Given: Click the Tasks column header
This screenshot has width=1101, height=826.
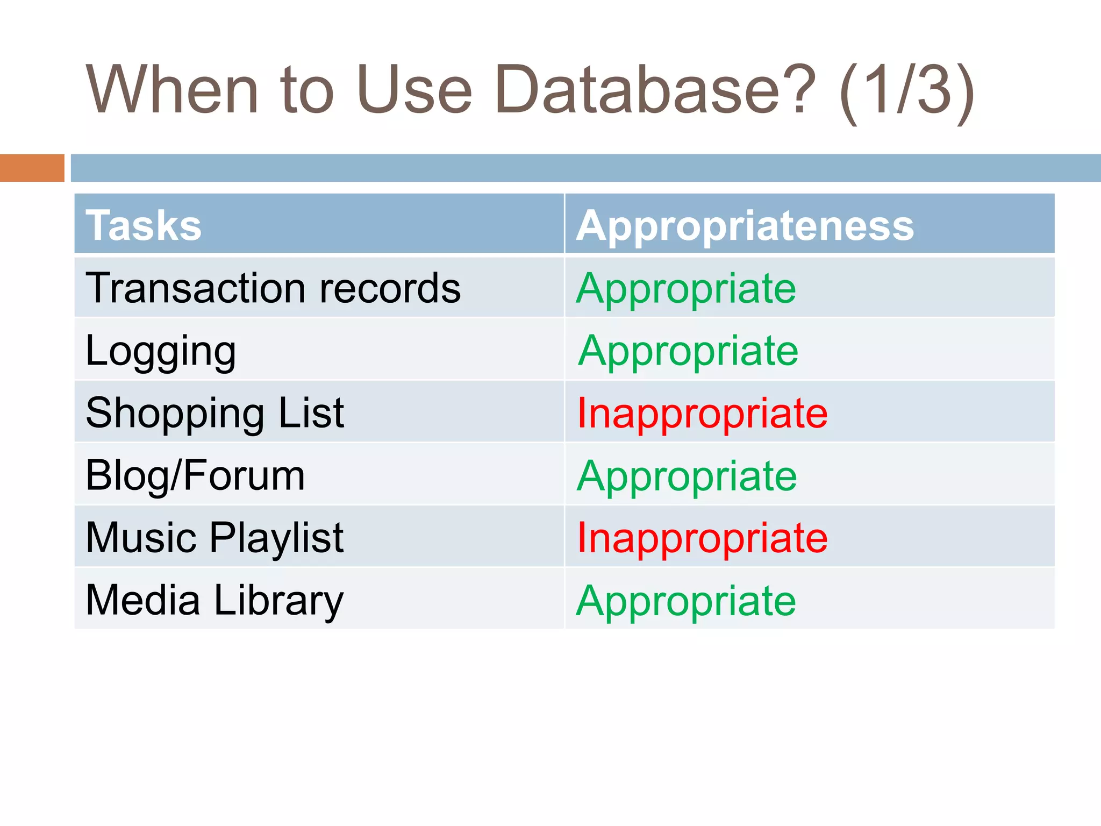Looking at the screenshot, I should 144,225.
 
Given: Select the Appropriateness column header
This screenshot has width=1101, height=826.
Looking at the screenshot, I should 745,225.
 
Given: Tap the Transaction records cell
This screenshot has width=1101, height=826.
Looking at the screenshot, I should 273,288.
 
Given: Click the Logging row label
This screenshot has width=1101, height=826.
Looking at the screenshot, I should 161,351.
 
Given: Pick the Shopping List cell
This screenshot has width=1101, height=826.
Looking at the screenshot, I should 215,413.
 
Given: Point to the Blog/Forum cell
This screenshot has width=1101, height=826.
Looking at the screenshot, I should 195,475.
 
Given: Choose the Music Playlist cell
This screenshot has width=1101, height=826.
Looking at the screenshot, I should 215,538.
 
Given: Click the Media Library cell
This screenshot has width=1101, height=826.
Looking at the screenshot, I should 215,600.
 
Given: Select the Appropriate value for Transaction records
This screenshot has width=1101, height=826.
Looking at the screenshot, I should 686,289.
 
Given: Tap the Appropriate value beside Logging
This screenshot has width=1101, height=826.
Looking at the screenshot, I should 688,351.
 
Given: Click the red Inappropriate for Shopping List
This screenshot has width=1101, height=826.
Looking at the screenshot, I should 702,414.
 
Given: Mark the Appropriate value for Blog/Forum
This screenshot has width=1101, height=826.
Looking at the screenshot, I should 687,476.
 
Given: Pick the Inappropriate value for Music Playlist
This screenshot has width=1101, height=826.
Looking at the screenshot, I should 702,538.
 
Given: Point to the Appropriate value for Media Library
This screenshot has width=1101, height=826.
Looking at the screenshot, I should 686,601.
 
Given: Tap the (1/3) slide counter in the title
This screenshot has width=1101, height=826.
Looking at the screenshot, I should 906,91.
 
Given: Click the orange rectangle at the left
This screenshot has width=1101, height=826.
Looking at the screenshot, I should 32,168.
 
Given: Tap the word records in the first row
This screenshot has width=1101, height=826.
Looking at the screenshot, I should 390,288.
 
